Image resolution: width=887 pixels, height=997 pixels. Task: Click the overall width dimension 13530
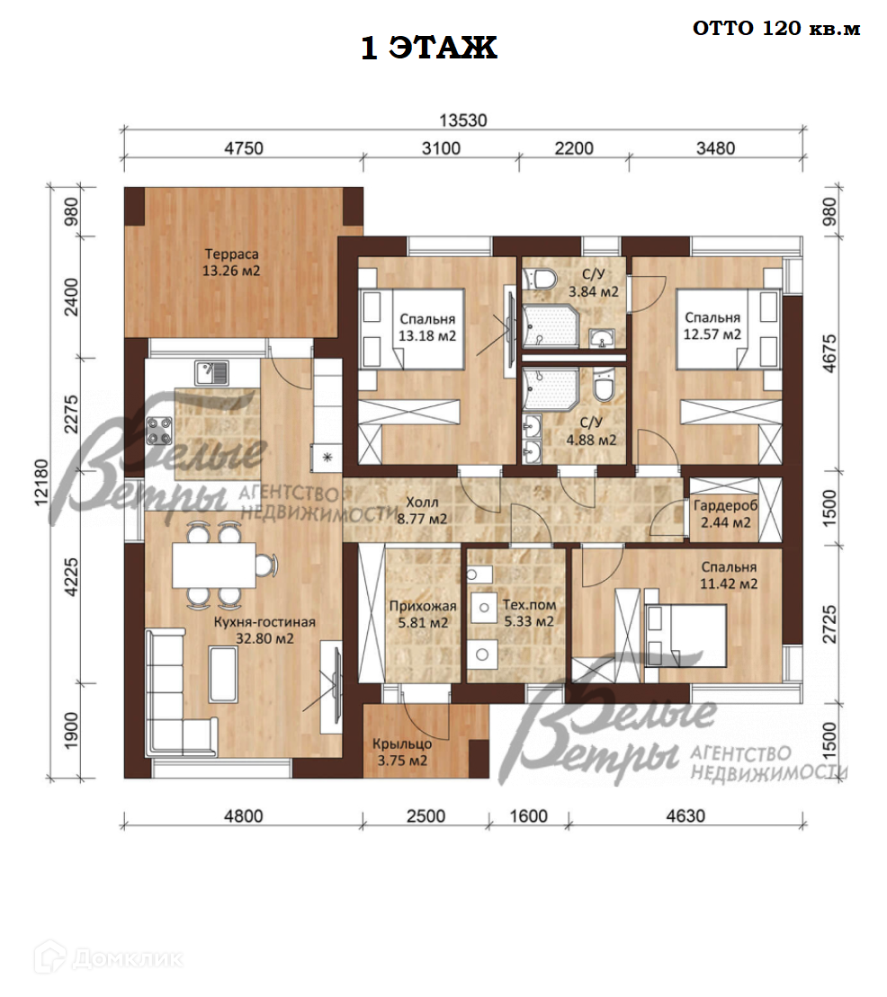pos(462,120)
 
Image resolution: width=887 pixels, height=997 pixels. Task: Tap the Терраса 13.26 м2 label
pos(231,262)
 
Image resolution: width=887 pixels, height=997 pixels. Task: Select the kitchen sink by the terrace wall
pos(211,373)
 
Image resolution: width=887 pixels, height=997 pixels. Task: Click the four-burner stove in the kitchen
pos(159,430)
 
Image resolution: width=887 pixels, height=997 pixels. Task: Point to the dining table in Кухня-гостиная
pos(214,565)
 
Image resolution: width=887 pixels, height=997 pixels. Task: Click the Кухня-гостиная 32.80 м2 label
pos(264,629)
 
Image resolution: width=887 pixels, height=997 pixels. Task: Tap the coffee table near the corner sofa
pos(223,674)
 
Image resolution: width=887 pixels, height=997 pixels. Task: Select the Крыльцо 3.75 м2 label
pos(402,752)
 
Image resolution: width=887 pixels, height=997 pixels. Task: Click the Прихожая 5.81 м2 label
pos(423,614)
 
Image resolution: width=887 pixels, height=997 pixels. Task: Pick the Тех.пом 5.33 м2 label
pos(529,613)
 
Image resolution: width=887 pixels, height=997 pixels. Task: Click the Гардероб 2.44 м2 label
pos(725,513)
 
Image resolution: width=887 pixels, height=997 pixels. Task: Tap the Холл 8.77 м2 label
pos(422,510)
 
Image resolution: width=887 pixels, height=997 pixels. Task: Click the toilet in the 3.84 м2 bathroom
pos(540,278)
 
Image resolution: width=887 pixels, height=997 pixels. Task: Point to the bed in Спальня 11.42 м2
pos(685,636)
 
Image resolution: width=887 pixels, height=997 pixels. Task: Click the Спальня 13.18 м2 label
pos(427,327)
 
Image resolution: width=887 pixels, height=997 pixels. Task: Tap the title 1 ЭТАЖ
pos(429,48)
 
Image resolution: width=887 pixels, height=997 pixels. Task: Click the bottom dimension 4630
pos(685,815)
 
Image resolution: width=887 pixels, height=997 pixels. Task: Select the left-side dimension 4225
pos(72,576)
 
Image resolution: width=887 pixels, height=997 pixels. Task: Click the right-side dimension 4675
pos(829,353)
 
